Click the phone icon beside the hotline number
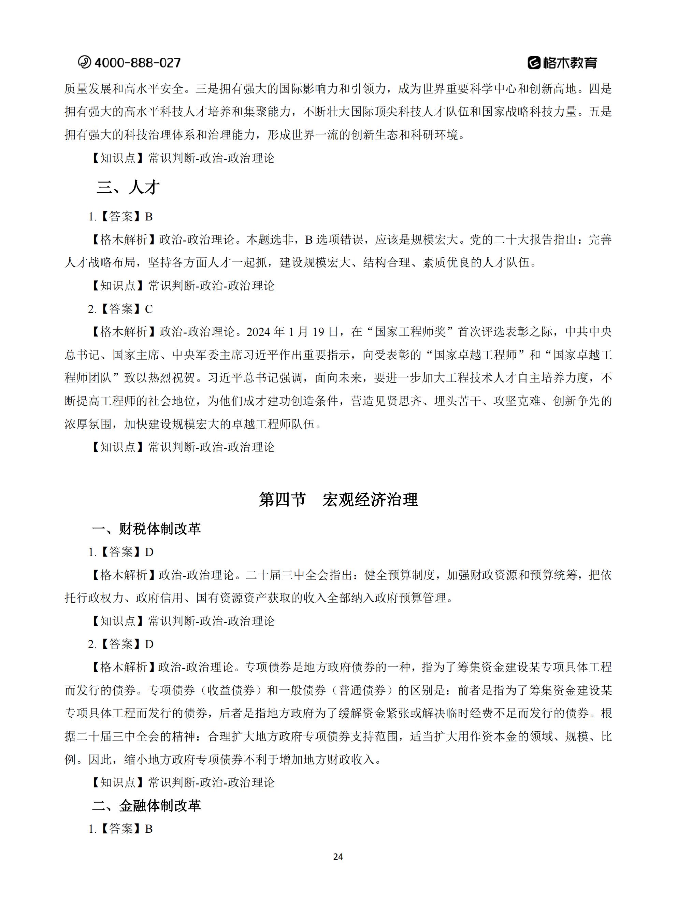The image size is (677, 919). tap(84, 62)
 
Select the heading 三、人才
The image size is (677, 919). tap(128, 188)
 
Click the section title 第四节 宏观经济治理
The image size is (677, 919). tap(338, 500)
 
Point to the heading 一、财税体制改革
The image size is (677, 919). tap(146, 529)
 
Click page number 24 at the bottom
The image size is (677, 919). tap(338, 857)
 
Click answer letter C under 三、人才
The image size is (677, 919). tap(149, 309)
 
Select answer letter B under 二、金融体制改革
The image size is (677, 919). tap(149, 829)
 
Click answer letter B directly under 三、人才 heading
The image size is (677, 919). tap(149, 217)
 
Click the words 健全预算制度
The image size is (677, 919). tap(399, 575)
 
